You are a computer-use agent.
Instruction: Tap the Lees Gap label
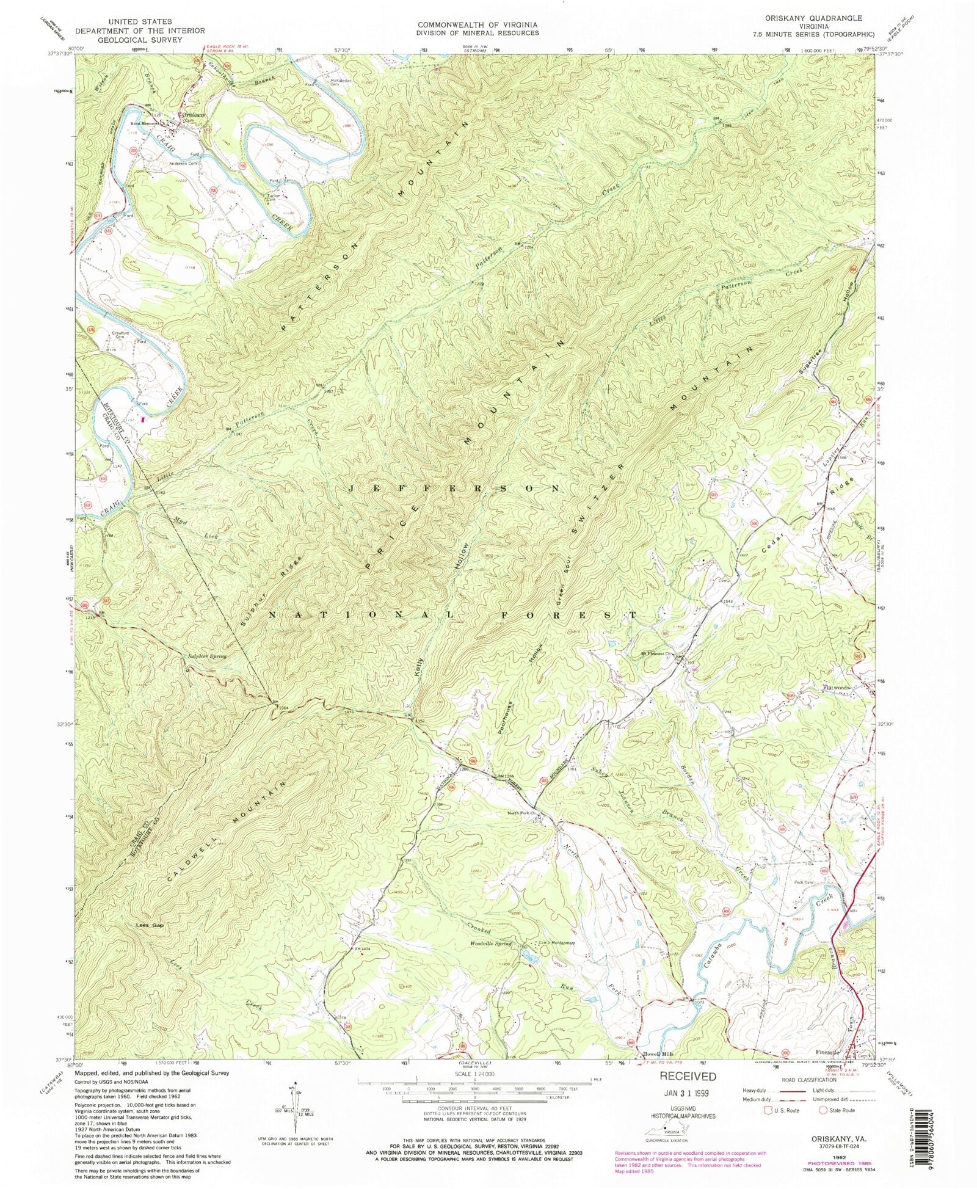tap(149, 926)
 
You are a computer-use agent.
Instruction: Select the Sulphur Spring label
tap(206, 656)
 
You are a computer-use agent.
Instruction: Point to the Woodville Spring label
tap(490, 944)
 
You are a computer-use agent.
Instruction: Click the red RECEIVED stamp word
tap(687, 1077)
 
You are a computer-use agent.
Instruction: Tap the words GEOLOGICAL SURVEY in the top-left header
tap(140, 40)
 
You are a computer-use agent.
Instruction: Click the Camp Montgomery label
tap(556, 942)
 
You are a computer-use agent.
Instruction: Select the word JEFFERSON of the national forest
tap(455, 489)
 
